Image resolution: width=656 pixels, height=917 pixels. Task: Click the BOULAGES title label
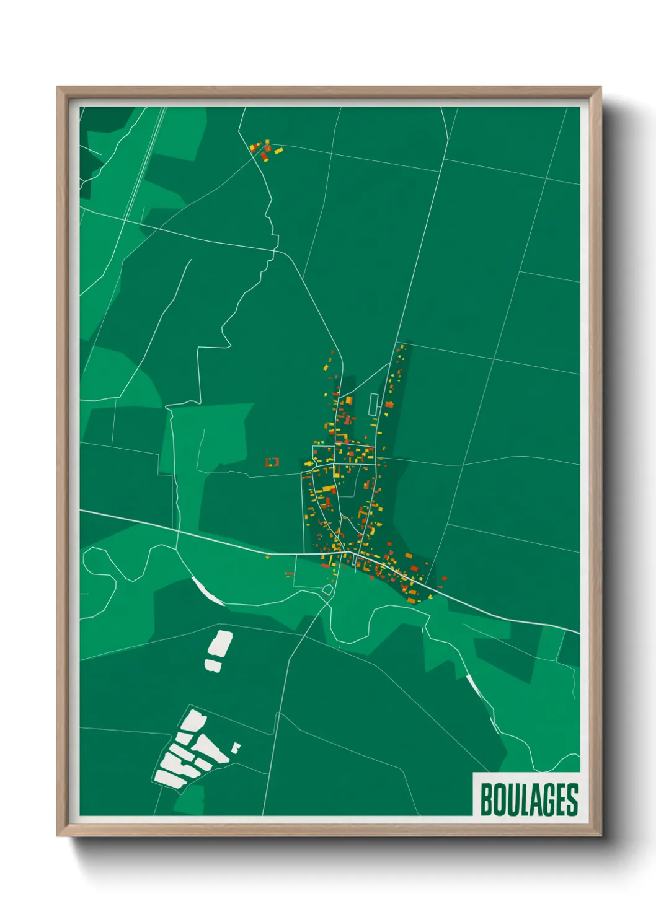pos(528,799)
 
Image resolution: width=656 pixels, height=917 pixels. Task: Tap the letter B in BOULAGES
pos(486,800)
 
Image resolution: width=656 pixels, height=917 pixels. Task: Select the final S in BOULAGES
pos(573,800)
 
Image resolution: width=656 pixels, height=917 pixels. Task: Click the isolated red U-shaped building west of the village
pos(272,462)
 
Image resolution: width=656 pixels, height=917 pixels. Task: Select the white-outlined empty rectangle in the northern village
pos(373,405)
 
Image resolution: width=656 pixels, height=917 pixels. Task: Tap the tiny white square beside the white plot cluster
pos(236,748)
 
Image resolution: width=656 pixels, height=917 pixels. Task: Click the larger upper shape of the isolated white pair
pos(219,644)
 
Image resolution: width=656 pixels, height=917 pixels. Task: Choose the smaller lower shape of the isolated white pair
pos(213,666)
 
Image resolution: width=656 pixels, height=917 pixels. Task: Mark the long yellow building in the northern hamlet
pos(278,151)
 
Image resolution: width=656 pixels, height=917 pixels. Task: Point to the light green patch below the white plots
pos(190,799)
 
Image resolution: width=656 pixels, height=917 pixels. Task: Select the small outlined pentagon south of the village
pos(327,590)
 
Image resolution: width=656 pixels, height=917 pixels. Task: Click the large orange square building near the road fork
pos(349,400)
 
